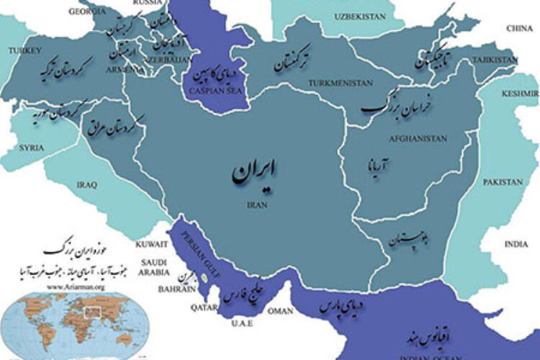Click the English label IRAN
257,204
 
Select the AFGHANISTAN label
418,138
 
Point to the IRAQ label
86,185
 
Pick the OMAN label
280,311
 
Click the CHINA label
519,28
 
